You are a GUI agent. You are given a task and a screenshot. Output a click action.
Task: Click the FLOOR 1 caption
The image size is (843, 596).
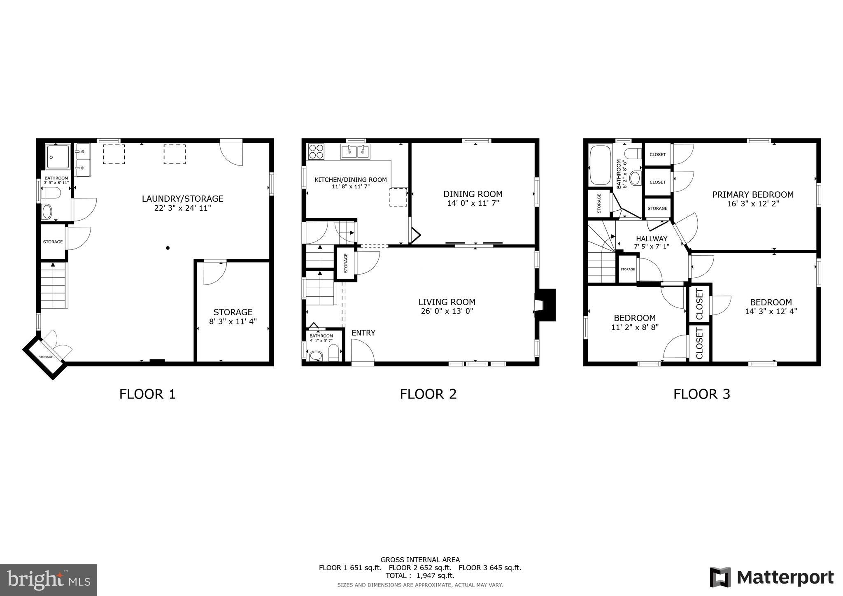tap(147, 394)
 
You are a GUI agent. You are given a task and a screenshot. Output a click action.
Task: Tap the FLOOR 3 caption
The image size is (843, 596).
tap(701, 394)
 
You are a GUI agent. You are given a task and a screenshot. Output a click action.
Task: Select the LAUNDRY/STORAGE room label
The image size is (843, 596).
tap(182, 199)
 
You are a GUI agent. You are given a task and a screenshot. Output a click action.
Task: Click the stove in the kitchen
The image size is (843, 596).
tap(316, 151)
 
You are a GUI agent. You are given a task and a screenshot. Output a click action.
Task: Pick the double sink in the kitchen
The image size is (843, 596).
tap(355, 152)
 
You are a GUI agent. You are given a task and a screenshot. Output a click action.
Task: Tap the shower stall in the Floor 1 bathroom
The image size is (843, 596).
tap(58, 156)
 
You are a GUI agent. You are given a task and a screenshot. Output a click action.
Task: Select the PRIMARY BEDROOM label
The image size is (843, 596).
tap(752, 195)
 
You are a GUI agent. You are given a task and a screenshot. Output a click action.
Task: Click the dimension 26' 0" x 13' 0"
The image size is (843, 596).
tap(447, 311)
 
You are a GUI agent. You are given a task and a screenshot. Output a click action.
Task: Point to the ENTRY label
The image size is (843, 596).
tap(363, 333)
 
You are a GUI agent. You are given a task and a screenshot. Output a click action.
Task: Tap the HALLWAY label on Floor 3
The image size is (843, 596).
tap(651, 239)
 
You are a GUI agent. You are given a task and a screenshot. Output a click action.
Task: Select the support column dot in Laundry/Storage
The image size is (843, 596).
tap(168, 248)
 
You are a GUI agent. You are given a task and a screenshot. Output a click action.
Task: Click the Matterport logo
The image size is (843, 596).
tap(771, 577)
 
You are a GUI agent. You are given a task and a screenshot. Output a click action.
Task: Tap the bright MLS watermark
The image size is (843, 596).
tap(49, 580)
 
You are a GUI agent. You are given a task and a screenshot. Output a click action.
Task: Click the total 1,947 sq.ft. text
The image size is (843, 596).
tap(420, 575)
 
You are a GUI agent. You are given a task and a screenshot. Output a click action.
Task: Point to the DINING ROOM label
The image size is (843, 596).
tap(473, 194)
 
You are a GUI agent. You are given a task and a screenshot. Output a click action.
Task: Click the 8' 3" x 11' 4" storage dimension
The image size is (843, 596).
tap(233, 321)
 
